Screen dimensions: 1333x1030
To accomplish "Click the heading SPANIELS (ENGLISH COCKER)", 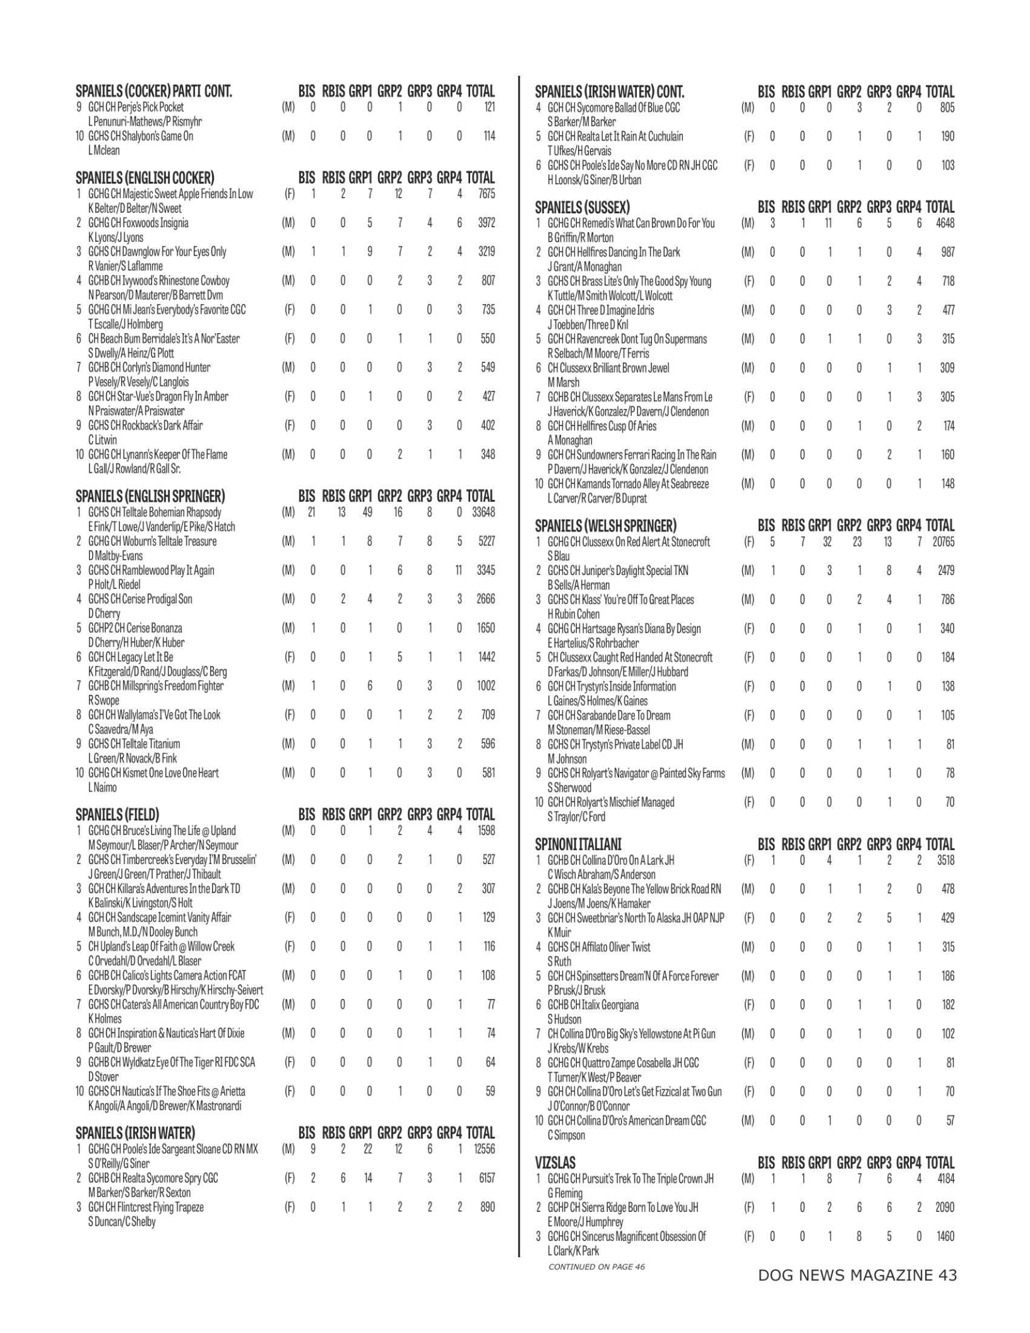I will pyautogui.click(x=145, y=178).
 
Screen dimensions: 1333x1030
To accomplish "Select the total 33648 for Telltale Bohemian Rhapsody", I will pyautogui.click(x=483, y=513).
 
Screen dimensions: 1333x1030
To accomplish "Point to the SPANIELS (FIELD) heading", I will pyautogui.click(x=117, y=814).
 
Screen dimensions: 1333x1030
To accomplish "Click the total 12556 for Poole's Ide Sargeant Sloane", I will pyautogui.click(x=483, y=1149).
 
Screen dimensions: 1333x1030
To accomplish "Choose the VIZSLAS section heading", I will pyautogui.click(x=554, y=1163).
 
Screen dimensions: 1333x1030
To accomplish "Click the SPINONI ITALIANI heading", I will pyautogui.click(x=578, y=845).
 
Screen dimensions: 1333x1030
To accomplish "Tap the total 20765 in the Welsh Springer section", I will pyautogui.click(x=943, y=541).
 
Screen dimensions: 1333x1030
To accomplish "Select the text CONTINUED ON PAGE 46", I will pyautogui.click(x=596, y=1266).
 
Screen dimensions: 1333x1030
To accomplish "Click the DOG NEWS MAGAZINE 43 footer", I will pyautogui.click(x=857, y=1275).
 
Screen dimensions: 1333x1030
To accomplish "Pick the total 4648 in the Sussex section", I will pyautogui.click(x=945, y=224).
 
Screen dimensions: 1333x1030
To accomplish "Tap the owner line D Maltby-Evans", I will pyautogui.click(x=115, y=556).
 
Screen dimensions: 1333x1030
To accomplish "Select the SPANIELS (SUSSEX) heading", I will pyautogui.click(x=582, y=207).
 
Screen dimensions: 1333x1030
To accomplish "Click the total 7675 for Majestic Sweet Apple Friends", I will pyautogui.click(x=486, y=194).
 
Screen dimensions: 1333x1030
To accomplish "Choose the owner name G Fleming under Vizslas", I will pyautogui.click(x=565, y=1192).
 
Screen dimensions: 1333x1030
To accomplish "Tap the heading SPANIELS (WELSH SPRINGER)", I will pyautogui.click(x=605, y=525).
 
